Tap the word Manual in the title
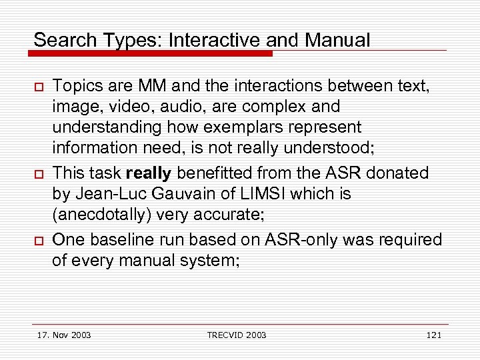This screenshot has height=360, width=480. click(x=337, y=40)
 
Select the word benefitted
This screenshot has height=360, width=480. click(x=211, y=173)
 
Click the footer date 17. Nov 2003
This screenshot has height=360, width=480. click(x=65, y=335)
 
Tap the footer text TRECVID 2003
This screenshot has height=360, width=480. click(x=237, y=335)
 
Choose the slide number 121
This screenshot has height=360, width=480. click(x=433, y=335)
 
